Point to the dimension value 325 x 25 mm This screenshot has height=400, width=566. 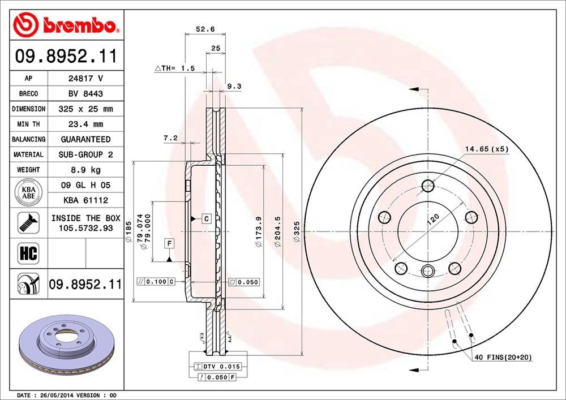(x=85, y=109)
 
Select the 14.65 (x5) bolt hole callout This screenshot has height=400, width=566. (x=487, y=149)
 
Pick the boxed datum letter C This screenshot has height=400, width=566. (x=207, y=218)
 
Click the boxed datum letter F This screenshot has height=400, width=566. (x=169, y=244)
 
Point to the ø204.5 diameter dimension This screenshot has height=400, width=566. (x=278, y=235)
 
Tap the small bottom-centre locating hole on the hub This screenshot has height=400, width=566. (x=428, y=270)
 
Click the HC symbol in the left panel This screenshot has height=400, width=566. (x=28, y=253)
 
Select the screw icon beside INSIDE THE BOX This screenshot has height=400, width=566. (x=28, y=222)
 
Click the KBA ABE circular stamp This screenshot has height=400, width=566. (x=28, y=192)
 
